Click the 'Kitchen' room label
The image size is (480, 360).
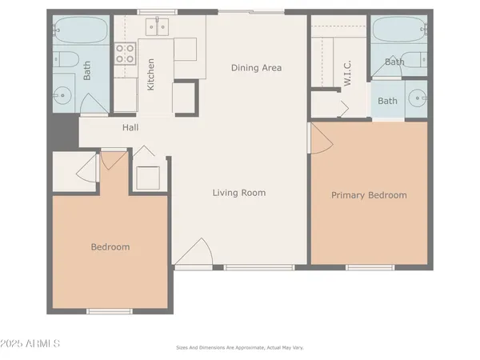(150, 74)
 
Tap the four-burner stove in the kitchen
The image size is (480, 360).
(126, 54)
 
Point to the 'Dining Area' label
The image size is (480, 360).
(256, 68)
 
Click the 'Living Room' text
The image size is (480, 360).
(238, 193)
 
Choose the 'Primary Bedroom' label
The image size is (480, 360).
(369, 195)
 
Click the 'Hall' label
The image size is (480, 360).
(131, 128)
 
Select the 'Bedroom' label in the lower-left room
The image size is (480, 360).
(110, 247)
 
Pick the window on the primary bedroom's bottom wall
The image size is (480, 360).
(370, 266)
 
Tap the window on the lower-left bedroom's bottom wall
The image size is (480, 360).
(110, 310)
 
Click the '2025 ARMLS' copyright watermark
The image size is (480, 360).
(32, 344)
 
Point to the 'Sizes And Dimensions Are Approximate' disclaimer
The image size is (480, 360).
(240, 348)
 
